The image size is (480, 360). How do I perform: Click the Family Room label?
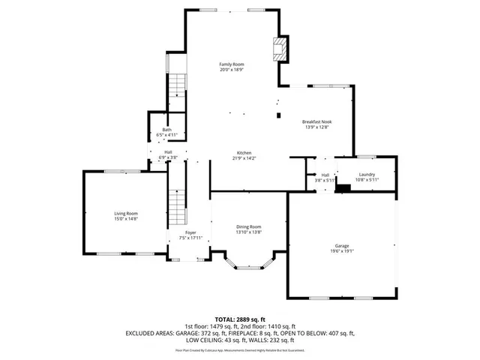tap(231, 64)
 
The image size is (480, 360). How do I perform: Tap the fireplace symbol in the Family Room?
tap(279, 50)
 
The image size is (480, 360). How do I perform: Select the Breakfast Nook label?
tap(316, 121)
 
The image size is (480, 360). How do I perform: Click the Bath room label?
tap(166, 130)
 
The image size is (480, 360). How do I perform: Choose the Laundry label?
tap(366, 174)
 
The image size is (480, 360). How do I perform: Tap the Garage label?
tap(341, 246)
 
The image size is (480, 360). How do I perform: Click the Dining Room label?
tap(248, 226)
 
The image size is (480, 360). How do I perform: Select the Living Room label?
tap(125, 213)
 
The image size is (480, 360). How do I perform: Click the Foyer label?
tap(190, 233)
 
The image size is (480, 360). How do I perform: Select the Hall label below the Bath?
tap(168, 152)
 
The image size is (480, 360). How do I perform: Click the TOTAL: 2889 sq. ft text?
tap(240, 319)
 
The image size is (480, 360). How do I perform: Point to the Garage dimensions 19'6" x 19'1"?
tap(341, 251)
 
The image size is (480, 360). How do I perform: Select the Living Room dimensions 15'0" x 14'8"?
tap(125, 218)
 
